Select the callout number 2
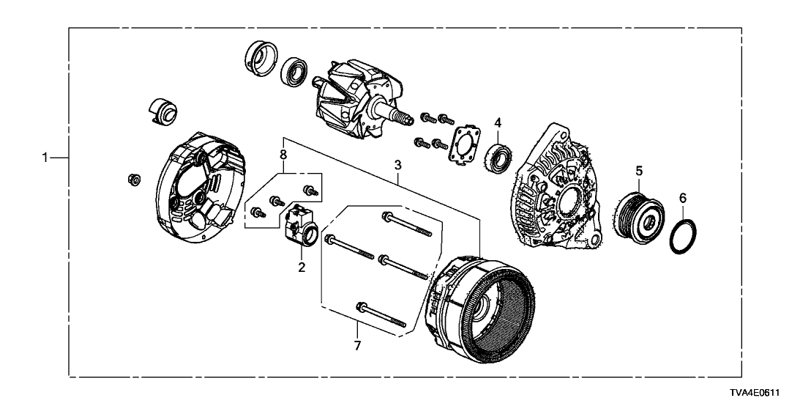pos(301,267)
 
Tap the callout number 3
pos(397,165)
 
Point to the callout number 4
pos(498,122)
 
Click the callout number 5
pos(639,170)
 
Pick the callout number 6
pos(682,198)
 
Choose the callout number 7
pos(357,345)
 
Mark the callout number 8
pos(283,154)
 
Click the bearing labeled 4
pos(498,155)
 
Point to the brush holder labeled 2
pos(300,227)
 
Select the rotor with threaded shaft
pos(361,96)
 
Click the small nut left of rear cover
pos(133,180)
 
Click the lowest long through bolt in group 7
pos(381,315)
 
